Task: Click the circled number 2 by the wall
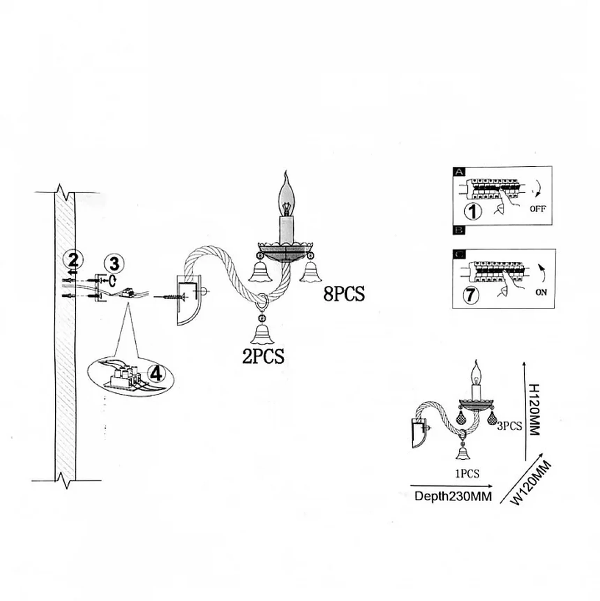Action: [x=73, y=260]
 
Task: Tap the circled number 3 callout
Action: [x=114, y=264]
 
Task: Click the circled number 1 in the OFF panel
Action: [x=473, y=211]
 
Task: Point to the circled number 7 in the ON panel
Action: [x=471, y=295]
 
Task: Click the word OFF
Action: [x=538, y=209]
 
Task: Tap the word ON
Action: [x=541, y=292]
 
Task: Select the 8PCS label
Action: [x=344, y=294]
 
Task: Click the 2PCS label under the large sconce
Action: [x=263, y=356]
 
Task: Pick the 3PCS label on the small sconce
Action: [x=510, y=426]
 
